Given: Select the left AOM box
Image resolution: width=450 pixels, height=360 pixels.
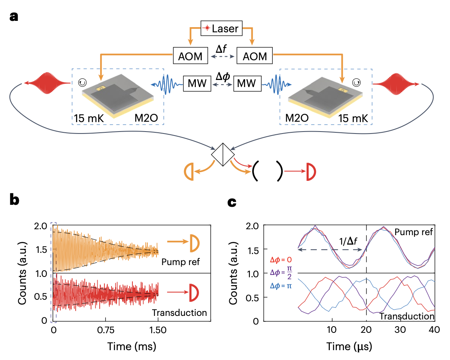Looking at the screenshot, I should point(191,56).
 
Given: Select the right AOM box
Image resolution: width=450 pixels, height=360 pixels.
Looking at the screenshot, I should point(254,56).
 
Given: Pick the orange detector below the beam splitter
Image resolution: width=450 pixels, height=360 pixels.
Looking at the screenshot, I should point(190,172).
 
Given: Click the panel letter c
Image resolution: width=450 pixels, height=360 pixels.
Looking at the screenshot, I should point(232,202).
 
